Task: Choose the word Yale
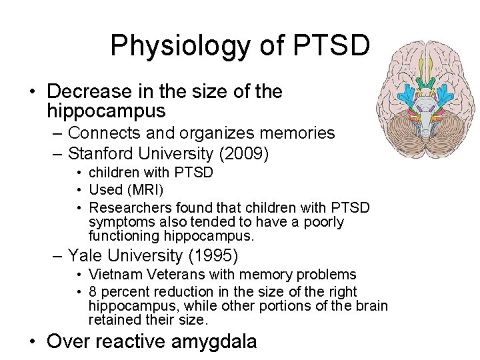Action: (89, 255)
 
